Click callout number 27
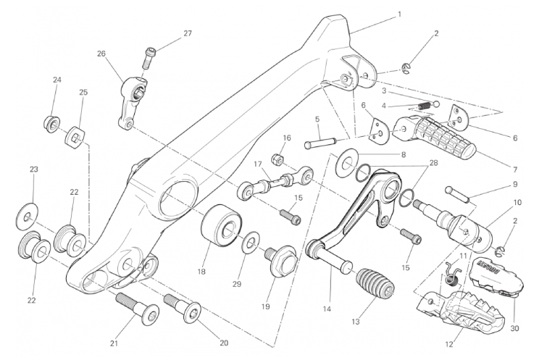[188, 33]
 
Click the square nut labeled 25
[75, 137]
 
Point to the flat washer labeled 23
[28, 216]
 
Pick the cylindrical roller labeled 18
[221, 227]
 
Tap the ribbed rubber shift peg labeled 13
[375, 282]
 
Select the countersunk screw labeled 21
[138, 309]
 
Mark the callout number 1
[400, 14]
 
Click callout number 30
[515, 328]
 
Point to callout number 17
[257, 164]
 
